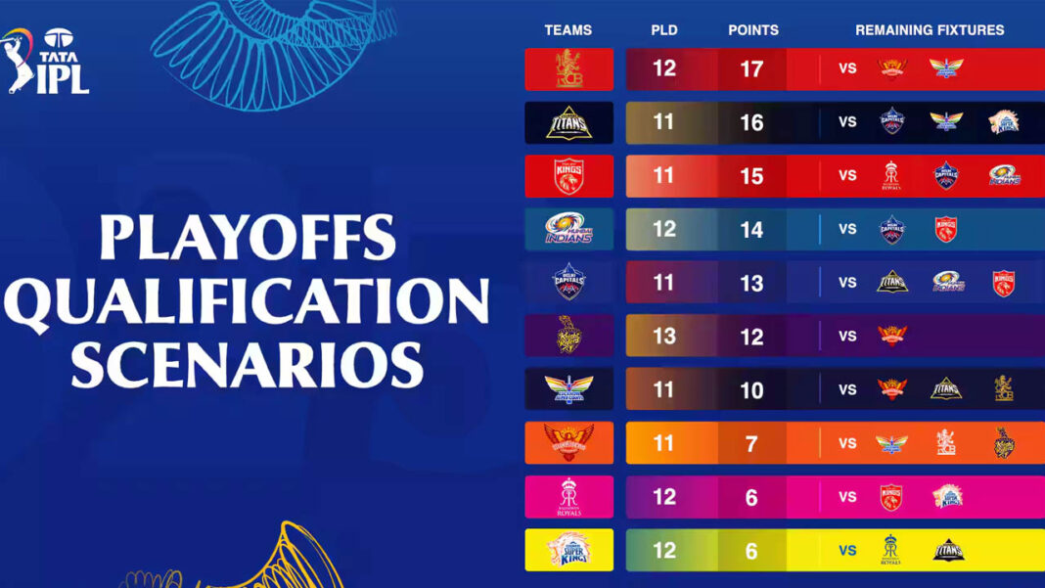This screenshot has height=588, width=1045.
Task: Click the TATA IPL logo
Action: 46,61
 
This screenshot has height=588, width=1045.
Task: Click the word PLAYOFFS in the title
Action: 248,239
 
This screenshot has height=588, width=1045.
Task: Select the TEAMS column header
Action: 568,30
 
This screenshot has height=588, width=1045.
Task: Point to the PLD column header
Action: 664,30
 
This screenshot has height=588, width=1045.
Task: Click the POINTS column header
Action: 753,30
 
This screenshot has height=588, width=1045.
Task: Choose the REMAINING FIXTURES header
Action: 930,30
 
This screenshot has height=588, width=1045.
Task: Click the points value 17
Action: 751,69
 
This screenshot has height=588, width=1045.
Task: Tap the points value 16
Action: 751,122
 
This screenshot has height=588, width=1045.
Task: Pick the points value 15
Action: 751,176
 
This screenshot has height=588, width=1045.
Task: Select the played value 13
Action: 664,337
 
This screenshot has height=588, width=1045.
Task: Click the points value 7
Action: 751,443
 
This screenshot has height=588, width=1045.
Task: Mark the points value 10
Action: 751,390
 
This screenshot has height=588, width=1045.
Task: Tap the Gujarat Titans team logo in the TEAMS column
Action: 569,122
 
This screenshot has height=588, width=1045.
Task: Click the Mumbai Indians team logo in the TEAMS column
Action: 569,229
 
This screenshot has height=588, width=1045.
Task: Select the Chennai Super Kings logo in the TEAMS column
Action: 569,550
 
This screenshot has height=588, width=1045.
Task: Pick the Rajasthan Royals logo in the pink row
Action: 569,496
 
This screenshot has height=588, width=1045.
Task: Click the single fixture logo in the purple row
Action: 891,336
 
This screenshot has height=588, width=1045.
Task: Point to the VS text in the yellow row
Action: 847,550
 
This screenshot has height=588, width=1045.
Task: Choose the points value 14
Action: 751,229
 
